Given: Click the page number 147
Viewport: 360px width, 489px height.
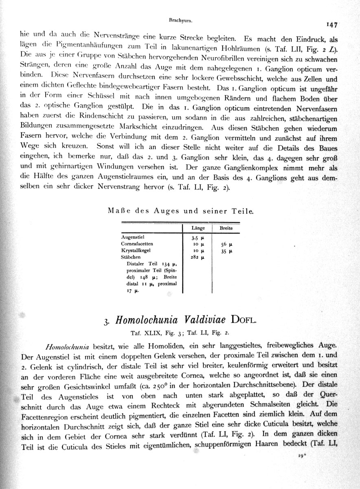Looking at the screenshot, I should click(331, 25).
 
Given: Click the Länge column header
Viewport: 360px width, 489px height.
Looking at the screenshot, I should click(198, 228).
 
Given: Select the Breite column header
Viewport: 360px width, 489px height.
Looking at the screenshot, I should click(226, 228).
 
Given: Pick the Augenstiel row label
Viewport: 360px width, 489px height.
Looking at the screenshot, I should click(132, 236).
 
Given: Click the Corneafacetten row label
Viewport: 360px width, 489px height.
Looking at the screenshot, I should click(137, 243).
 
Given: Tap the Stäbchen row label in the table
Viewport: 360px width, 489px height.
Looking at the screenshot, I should click(130, 257).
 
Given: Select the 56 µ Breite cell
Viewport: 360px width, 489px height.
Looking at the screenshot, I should click(227, 244).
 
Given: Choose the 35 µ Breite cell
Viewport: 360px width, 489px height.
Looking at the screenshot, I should click(227, 251).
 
